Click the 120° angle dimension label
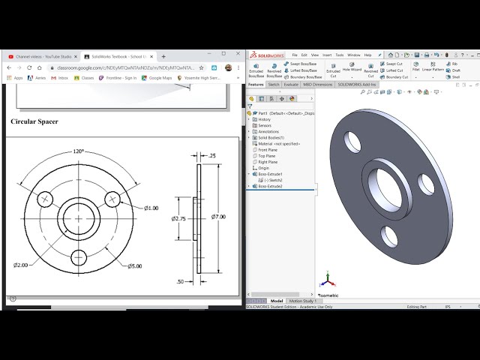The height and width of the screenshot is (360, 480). tap(79, 151)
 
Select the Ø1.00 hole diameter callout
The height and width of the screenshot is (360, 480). tap(151, 208)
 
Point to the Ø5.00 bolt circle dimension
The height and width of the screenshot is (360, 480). tap(134, 266)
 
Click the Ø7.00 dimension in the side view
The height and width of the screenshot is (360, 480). tap(218, 217)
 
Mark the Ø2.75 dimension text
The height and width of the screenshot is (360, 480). tap(178, 218)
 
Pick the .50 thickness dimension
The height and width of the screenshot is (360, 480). tap(179, 281)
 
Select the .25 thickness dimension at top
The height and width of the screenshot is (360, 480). tap(211, 156)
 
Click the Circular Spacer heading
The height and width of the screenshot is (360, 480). tap(34, 121)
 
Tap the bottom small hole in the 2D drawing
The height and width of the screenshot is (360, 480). tap(79, 256)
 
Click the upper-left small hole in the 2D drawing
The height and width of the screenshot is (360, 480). tap(46, 199)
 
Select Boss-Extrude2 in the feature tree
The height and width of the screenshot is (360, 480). tap(271, 186)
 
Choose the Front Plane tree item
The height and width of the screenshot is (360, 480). tap(267, 150)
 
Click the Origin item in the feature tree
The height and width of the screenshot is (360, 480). tap(263, 168)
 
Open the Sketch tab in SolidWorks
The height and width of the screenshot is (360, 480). tap(274, 85)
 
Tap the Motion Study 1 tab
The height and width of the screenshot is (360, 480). tap(301, 301)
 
